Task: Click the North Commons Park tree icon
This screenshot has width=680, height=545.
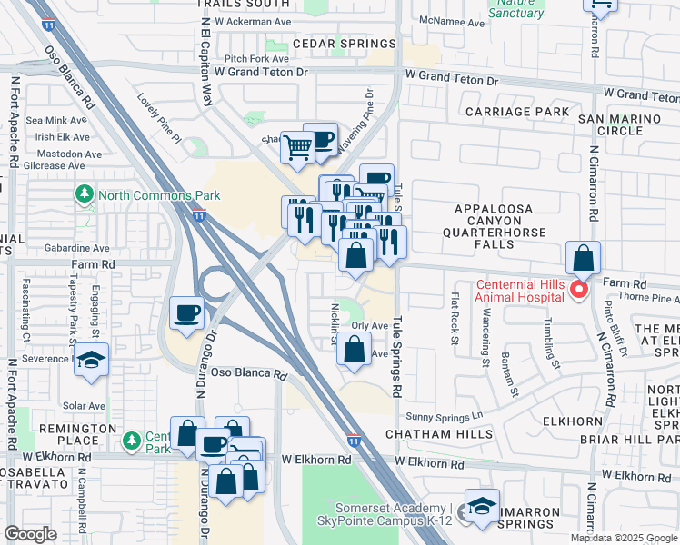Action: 85,195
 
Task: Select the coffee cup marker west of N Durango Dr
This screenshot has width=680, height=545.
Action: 187,313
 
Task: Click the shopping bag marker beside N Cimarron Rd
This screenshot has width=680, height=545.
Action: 582,259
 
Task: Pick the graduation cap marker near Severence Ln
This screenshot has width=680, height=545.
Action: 90,361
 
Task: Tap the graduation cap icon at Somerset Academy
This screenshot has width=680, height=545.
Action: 482,508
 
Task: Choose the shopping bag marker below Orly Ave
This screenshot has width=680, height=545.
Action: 355,350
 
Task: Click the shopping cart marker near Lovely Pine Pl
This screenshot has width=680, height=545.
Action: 297,147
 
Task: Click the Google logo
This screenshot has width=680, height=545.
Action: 30,533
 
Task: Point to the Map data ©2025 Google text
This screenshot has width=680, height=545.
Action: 623,538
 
